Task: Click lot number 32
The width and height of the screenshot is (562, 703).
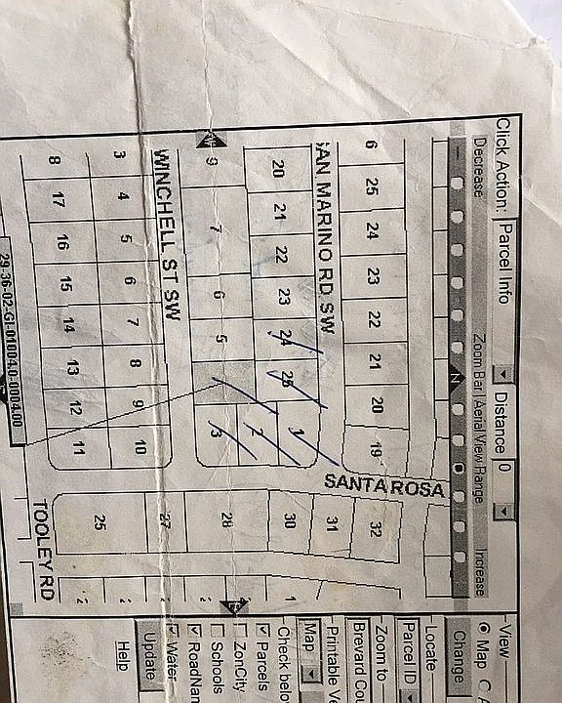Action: pos(376,529)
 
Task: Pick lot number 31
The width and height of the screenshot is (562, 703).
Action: pos(332,523)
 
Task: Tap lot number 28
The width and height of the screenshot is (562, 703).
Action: pos(226,520)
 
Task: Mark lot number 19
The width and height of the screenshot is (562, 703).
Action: pos(375,450)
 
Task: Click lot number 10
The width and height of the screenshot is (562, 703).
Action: pos(140,447)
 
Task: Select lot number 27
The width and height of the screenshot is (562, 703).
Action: pos(165,520)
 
